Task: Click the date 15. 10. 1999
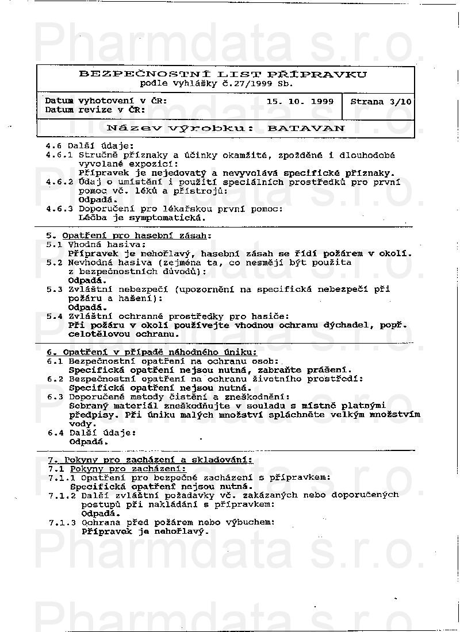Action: (300, 101)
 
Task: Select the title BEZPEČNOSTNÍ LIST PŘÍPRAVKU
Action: (223, 74)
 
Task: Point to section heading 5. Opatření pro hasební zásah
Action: (129, 236)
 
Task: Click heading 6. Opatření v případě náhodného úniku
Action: (152, 352)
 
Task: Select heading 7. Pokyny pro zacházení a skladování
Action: (150, 460)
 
